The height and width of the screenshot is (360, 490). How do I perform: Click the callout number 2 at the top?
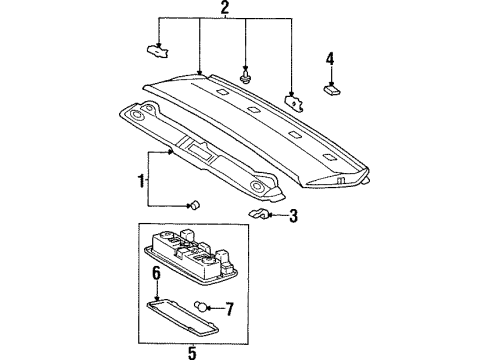point(225,9)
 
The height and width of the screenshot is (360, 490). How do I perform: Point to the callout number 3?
point(294,215)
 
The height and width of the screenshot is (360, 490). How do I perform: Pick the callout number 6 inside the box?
point(155,272)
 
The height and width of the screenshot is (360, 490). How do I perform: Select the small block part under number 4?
point(332,89)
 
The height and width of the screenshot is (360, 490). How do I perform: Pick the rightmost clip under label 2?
point(295,101)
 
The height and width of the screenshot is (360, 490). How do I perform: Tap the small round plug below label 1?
point(195,205)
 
